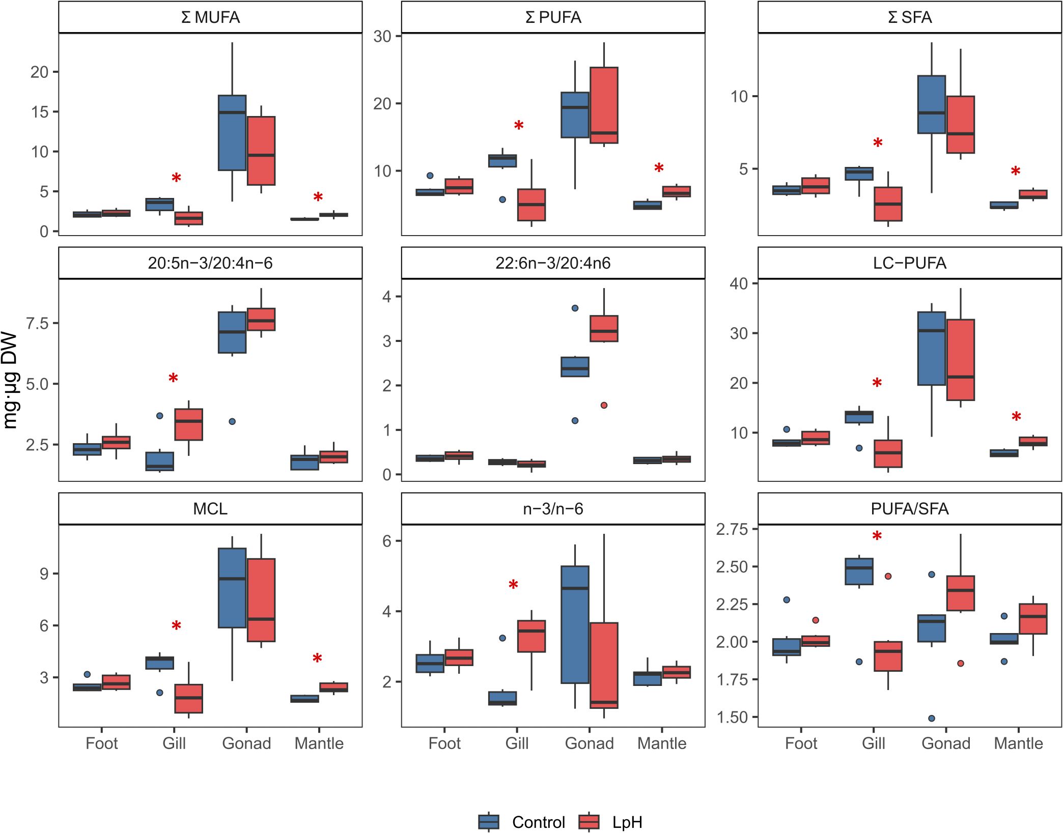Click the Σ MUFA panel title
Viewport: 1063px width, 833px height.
(x=210, y=17)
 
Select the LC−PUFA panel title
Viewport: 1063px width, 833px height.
(x=909, y=263)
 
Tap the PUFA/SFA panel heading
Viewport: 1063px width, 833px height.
(x=909, y=509)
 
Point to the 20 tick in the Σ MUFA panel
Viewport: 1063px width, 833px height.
(x=39, y=72)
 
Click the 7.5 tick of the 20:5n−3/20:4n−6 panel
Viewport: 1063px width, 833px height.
(x=37, y=324)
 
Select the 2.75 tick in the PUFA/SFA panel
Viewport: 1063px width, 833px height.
(x=732, y=529)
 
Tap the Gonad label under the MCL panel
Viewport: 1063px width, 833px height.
(x=246, y=743)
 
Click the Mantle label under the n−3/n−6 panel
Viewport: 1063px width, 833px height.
(x=662, y=743)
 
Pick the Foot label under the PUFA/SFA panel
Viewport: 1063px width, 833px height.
(x=801, y=743)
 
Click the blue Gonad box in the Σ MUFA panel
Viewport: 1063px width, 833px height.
(x=232, y=133)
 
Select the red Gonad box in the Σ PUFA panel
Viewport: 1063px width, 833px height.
(x=604, y=105)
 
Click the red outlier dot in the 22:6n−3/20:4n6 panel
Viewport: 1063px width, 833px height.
(x=604, y=406)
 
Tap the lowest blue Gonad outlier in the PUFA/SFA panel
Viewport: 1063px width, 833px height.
(x=932, y=719)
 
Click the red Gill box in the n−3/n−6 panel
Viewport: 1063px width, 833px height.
(x=531, y=636)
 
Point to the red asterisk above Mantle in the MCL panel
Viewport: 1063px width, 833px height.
(x=317, y=659)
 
